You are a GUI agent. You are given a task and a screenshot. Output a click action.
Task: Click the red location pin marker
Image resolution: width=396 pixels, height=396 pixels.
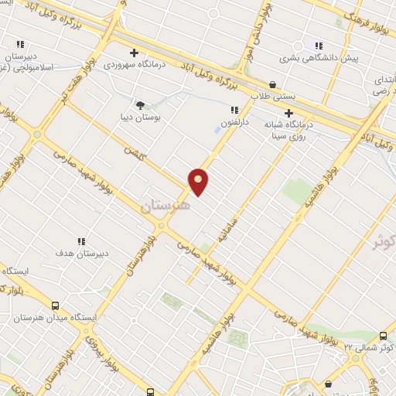[x=198, y=182]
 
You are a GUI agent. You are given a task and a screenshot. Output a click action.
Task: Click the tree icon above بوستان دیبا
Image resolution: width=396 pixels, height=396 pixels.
[x=140, y=104]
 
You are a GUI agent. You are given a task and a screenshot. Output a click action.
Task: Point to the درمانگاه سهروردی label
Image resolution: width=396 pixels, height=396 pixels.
[x=136, y=65]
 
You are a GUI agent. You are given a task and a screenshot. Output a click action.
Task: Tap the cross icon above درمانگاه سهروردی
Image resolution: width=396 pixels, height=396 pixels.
[x=135, y=53]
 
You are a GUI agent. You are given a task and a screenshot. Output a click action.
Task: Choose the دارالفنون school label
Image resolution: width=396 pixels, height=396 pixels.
[x=234, y=122]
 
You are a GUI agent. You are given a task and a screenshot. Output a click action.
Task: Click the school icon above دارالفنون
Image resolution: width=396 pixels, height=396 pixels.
[x=234, y=110]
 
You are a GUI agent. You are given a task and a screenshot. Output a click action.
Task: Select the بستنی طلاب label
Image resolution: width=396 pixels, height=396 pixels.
[x=273, y=97]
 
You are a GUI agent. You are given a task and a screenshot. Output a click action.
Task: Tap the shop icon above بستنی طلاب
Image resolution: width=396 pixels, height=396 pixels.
[x=272, y=84]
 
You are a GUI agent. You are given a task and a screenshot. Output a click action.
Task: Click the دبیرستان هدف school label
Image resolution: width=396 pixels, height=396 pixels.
[x=81, y=254]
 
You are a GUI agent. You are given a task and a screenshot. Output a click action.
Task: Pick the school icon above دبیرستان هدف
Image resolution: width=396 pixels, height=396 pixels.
[x=81, y=241]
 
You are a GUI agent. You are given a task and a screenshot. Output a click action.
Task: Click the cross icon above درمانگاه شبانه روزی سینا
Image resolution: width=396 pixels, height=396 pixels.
[x=289, y=113]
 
